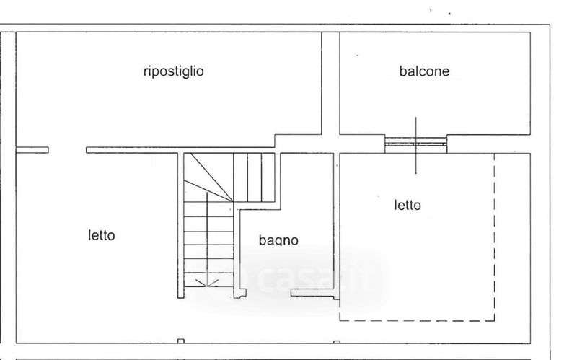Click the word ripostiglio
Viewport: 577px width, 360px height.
[173, 71]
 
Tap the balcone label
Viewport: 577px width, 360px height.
[424, 71]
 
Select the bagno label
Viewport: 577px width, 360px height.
[278, 240]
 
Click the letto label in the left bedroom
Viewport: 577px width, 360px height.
[102, 235]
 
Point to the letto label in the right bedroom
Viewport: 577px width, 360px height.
[408, 205]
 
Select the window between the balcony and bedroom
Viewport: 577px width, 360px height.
[415, 143]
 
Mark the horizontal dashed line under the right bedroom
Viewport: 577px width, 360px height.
[417, 320]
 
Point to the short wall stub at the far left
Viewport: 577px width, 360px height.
[32, 150]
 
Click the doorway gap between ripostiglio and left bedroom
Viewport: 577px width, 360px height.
[67, 150]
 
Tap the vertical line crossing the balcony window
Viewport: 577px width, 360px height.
[415, 144]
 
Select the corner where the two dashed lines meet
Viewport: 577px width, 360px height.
[495, 320]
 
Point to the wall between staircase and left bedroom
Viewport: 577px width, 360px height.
[180, 224]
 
